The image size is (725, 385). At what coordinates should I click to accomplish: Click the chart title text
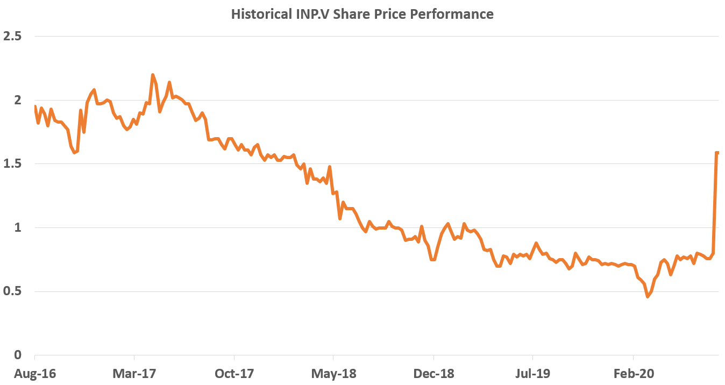pyautogui.click(x=362, y=14)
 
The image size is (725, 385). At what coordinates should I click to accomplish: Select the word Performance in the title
pyautogui.click(x=451, y=14)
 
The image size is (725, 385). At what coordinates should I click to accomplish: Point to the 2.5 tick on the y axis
pyautogui.click(x=12, y=37)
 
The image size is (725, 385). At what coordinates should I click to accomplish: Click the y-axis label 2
pyautogui.click(x=17, y=101)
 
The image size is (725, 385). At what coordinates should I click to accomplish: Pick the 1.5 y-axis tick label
pyautogui.click(x=12, y=164)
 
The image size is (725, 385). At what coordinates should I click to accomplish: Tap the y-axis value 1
pyautogui.click(x=18, y=228)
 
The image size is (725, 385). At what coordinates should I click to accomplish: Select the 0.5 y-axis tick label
pyautogui.click(x=12, y=292)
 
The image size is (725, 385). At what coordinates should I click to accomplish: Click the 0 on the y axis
pyautogui.click(x=18, y=355)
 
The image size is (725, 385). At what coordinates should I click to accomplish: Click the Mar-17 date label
pyautogui.click(x=134, y=374)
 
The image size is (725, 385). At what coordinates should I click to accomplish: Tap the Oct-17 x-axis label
pyautogui.click(x=234, y=374)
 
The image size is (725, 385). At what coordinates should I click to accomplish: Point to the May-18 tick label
pyautogui.click(x=333, y=374)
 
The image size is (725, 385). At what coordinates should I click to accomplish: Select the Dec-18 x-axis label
pyautogui.click(x=433, y=374)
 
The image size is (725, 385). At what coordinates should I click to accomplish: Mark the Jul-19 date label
pyautogui.click(x=532, y=374)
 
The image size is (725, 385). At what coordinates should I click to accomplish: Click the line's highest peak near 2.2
pyautogui.click(x=153, y=75)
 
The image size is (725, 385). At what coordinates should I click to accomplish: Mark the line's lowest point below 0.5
pyautogui.click(x=648, y=296)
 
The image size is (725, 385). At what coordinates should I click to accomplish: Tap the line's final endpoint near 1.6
pyautogui.click(x=717, y=153)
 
